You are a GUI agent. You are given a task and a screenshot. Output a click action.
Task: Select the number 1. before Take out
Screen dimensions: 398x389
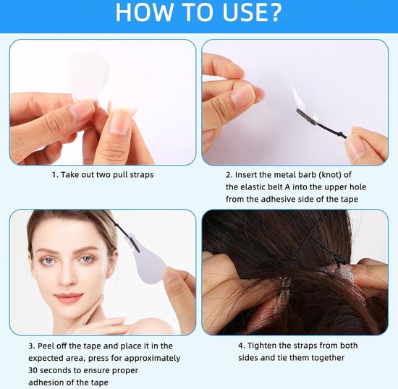[55, 175]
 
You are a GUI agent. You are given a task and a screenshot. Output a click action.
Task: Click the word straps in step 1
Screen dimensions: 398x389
[142, 175]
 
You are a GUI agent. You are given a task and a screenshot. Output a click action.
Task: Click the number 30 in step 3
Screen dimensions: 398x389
[33, 370]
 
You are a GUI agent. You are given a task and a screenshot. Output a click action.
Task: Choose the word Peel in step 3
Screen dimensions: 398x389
[46, 346]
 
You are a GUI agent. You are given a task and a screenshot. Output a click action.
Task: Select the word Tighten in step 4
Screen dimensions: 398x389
[262, 346]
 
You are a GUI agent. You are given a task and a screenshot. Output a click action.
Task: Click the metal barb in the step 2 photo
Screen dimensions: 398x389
[306, 116]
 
